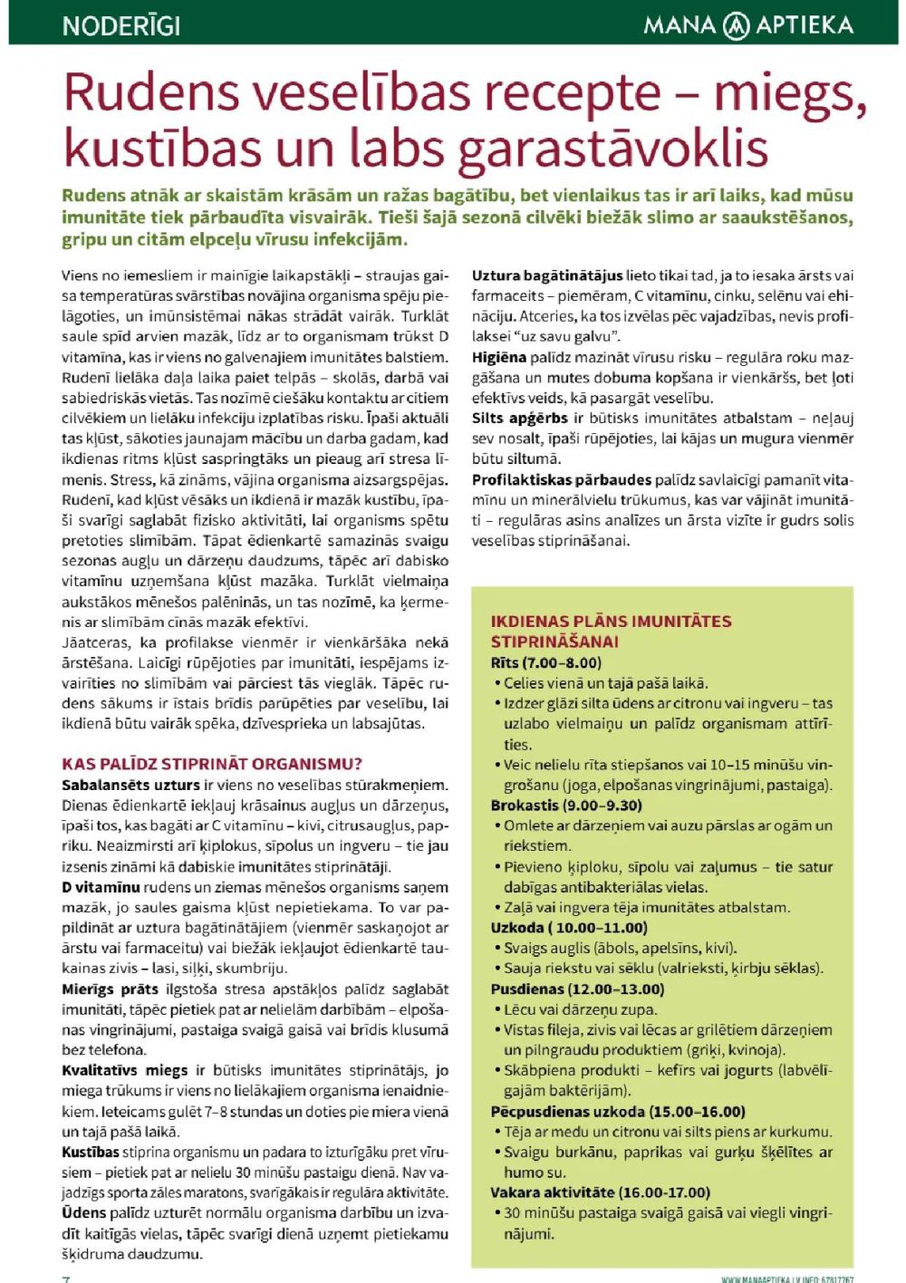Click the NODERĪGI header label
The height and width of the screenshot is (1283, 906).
[x=121, y=24]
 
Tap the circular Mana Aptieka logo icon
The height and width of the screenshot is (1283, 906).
[x=736, y=24]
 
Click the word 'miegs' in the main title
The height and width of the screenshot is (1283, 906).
[x=785, y=92]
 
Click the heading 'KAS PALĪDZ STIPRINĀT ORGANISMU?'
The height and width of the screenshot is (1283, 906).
[x=212, y=764]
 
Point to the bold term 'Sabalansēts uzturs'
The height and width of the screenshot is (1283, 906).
[x=130, y=785]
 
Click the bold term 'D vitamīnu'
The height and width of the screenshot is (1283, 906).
[x=101, y=887]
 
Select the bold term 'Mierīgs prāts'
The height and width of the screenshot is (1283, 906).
[x=110, y=989]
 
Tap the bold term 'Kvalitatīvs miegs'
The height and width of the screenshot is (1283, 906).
[x=125, y=1070]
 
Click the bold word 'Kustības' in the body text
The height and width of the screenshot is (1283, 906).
[x=91, y=1152]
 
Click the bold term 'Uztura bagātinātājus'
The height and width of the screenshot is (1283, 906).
[x=547, y=275]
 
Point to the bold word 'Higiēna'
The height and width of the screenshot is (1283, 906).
[x=498, y=357]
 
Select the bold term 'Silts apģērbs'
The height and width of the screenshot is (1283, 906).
[x=520, y=418]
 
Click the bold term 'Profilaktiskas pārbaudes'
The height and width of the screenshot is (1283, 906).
[x=562, y=479]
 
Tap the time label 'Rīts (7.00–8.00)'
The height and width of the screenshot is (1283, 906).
[x=545, y=662]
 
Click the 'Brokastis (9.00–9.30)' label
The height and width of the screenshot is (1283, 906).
[x=566, y=805]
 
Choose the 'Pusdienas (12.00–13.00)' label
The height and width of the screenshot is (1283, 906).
[x=577, y=989]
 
